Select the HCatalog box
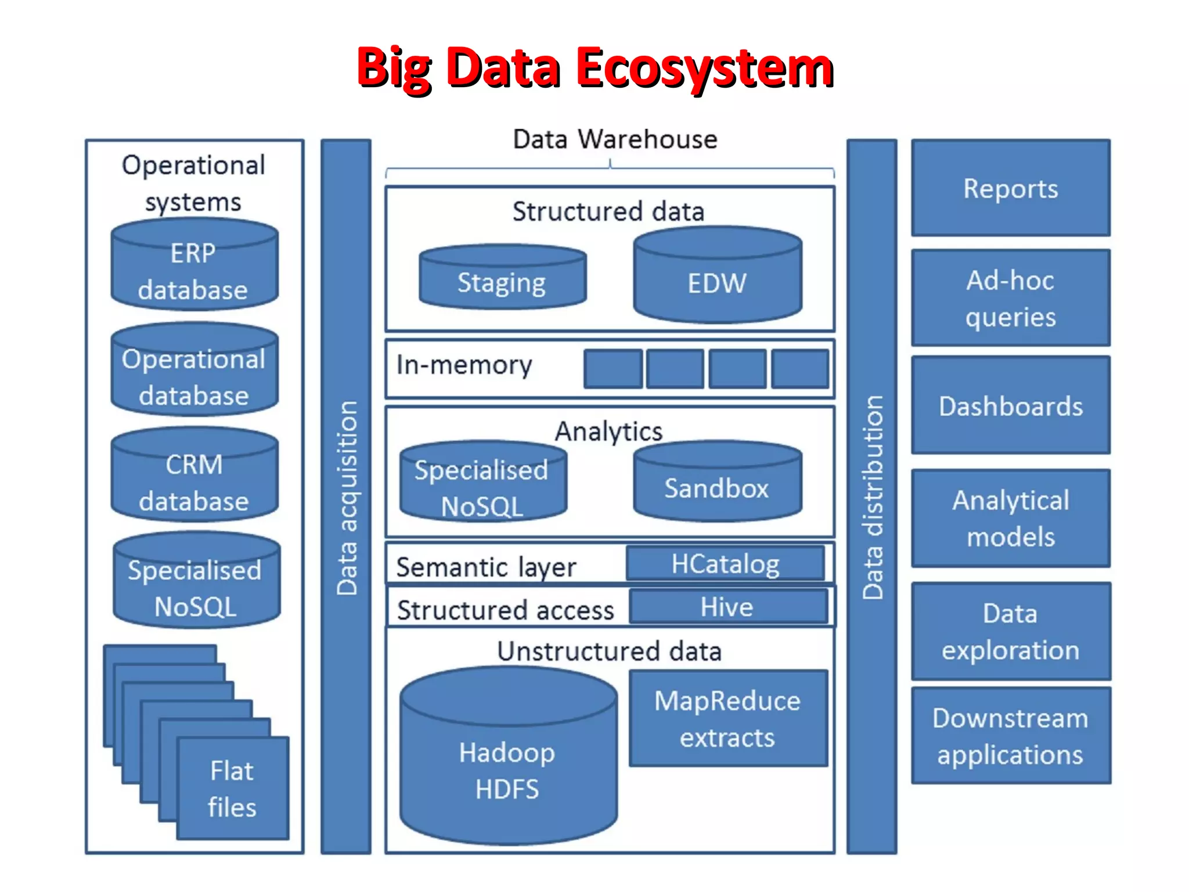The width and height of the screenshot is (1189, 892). click(726, 563)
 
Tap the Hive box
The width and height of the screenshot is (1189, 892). click(728, 607)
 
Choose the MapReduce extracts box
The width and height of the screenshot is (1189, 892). click(728, 718)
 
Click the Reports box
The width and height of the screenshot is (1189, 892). click(1011, 188)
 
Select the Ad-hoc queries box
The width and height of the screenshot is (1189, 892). click(1011, 298)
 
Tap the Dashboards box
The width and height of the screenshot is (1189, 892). click(1011, 405)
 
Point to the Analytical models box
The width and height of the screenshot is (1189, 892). click(1011, 518)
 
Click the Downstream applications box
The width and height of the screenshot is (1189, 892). click(1011, 736)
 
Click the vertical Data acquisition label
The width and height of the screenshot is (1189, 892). click(347, 498)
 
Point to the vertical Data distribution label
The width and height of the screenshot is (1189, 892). click(872, 498)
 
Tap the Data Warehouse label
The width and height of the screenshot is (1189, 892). click(615, 139)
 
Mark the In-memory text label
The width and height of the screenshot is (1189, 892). click(464, 365)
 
